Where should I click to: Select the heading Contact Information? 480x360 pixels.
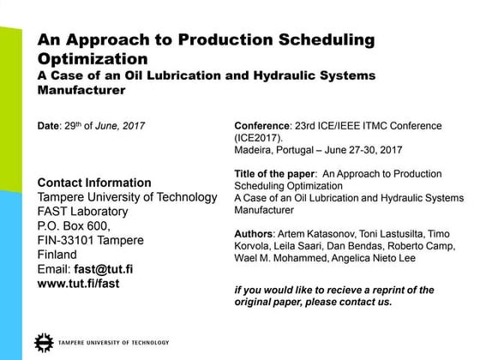coord(94,183)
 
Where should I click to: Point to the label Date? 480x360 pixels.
coord(49,127)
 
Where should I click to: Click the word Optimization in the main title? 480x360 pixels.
coord(92,59)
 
